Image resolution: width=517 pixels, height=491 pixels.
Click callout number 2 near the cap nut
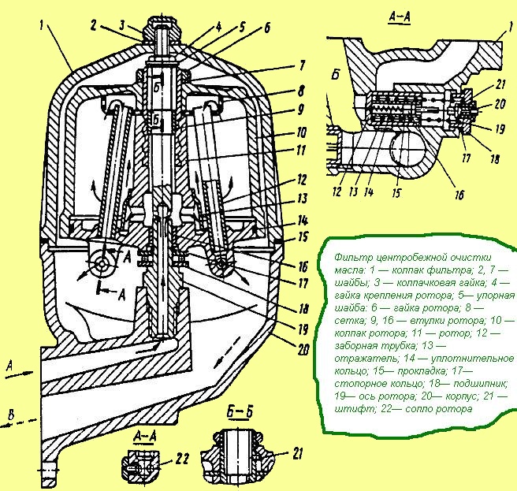(x=94, y=26)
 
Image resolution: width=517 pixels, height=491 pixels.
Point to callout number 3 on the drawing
(x=123, y=25)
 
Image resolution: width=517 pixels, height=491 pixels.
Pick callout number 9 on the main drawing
(x=301, y=110)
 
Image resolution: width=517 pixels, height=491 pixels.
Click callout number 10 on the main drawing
(x=301, y=132)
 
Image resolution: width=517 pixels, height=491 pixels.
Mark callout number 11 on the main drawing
(x=300, y=151)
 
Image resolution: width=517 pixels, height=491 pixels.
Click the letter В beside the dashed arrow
(x=11, y=415)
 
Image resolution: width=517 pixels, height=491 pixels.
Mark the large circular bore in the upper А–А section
(x=407, y=147)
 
